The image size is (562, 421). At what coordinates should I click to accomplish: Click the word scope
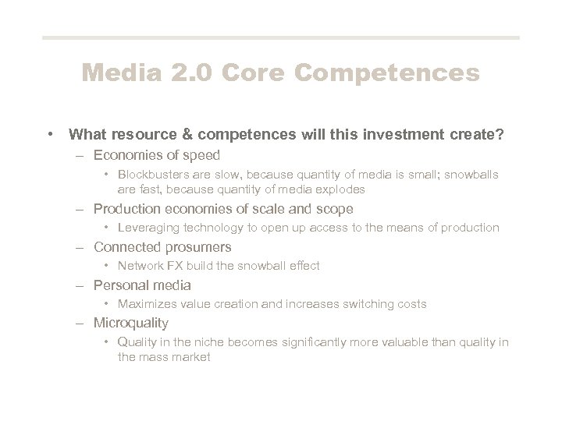point(336,209)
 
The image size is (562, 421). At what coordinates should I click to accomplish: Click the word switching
point(372,304)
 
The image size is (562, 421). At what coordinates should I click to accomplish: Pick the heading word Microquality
point(130,323)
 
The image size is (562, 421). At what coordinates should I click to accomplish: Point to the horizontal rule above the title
point(280,37)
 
